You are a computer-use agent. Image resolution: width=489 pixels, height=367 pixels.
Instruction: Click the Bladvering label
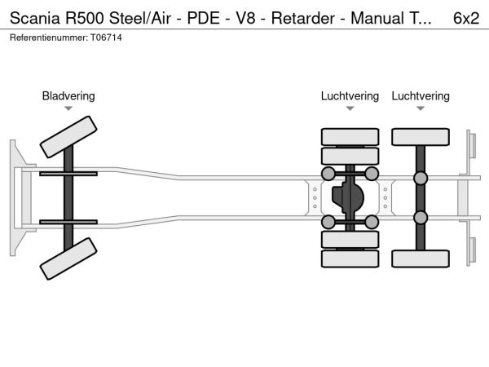[x=68, y=96]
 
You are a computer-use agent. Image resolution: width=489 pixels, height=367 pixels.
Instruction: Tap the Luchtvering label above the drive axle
[x=350, y=96]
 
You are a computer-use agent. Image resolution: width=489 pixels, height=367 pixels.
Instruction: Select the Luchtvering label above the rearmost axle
[x=421, y=96]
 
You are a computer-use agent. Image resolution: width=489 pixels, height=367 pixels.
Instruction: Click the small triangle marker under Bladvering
[x=68, y=108]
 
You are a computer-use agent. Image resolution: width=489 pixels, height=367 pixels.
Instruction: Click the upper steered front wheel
[x=68, y=137]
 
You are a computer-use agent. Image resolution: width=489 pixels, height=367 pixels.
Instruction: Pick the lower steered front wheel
[x=68, y=258]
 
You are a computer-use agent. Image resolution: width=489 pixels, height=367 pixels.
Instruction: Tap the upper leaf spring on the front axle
[x=68, y=174]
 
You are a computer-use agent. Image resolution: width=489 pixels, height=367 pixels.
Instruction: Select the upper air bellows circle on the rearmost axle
[x=421, y=178]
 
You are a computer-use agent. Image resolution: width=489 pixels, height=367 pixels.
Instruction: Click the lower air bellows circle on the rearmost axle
[x=421, y=217]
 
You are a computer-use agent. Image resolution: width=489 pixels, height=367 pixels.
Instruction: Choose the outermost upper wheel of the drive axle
[x=350, y=136]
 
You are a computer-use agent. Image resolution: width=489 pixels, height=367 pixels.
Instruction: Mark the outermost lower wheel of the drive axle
[x=350, y=259]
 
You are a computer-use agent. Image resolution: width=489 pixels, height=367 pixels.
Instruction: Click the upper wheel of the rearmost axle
[x=421, y=136]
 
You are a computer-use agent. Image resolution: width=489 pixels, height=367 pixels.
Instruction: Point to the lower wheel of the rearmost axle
[x=421, y=259]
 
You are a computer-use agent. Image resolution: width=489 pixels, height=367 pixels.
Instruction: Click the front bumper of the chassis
[x=15, y=197]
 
